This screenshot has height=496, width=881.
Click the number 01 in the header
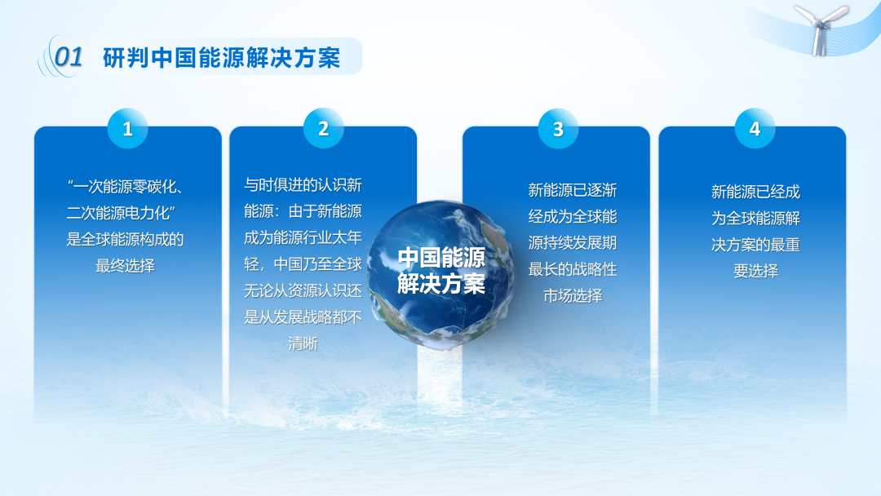(69, 57)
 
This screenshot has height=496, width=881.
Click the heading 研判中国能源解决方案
(222, 58)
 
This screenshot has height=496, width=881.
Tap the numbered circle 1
(127, 129)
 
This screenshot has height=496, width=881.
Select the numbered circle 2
(324, 129)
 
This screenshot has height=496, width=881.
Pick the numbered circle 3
(558, 129)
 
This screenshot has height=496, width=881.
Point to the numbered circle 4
(755, 129)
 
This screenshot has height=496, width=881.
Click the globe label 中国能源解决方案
(441, 271)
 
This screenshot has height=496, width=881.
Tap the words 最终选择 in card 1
(125, 266)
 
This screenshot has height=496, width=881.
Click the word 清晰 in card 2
(303, 343)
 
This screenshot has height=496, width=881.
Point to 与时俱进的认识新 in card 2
(303, 185)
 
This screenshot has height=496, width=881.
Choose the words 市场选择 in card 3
(573, 295)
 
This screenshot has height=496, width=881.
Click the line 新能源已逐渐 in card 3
(573, 190)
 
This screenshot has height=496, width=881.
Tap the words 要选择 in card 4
(755, 271)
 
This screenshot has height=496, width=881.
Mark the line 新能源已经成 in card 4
(755, 192)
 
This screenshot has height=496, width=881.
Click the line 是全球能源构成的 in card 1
(125, 239)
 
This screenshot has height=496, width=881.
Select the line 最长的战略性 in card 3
(573, 269)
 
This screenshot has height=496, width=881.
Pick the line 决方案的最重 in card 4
(755, 245)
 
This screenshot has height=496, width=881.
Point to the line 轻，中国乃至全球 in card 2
(303, 264)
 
